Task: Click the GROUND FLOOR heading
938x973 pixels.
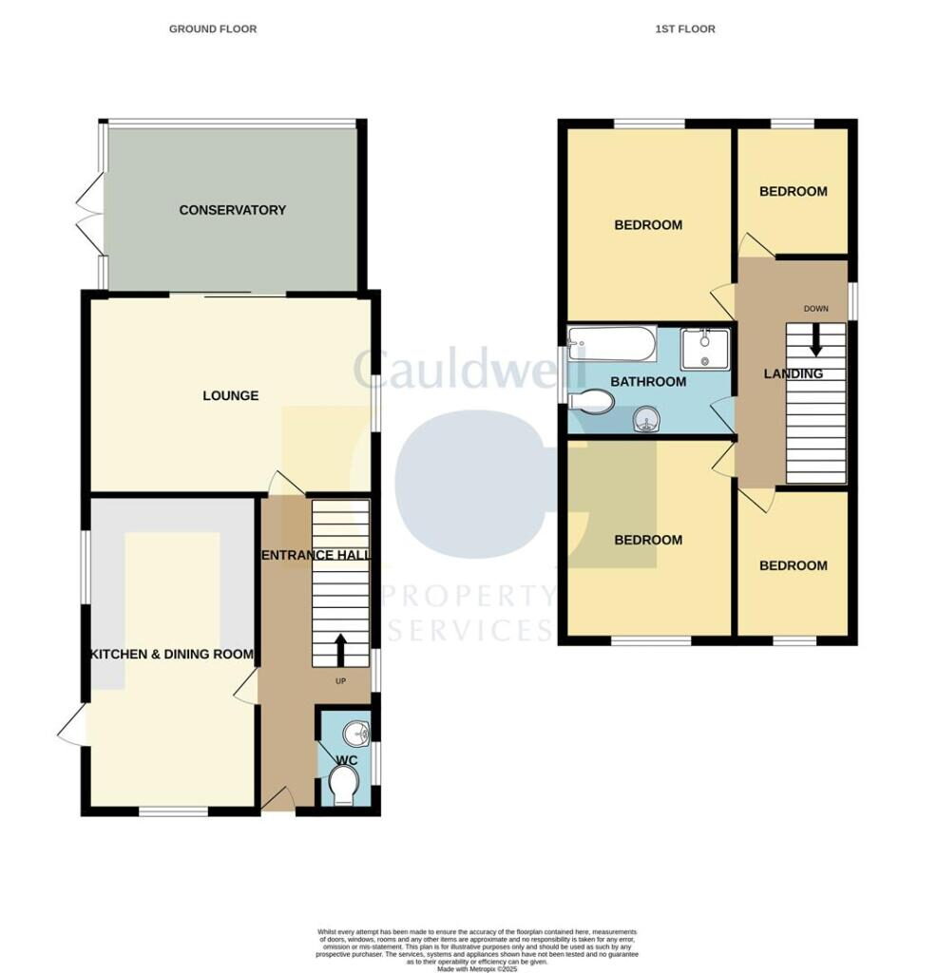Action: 213,29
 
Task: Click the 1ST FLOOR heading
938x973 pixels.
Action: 685,29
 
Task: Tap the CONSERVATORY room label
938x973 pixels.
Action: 232,210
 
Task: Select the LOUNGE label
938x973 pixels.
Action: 230,395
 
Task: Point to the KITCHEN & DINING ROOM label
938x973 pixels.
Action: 172,654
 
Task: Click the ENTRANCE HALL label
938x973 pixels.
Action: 315,556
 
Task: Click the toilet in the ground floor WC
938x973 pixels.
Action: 343,786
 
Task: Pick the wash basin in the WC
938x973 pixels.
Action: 355,733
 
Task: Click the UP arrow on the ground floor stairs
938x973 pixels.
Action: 340,652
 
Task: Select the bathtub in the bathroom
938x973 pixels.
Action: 612,343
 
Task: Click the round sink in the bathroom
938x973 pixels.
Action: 647,418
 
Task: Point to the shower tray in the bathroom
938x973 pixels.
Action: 704,349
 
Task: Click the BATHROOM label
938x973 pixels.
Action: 648,382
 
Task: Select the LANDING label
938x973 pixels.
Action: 794,374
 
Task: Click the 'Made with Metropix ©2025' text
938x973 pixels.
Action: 476,968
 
